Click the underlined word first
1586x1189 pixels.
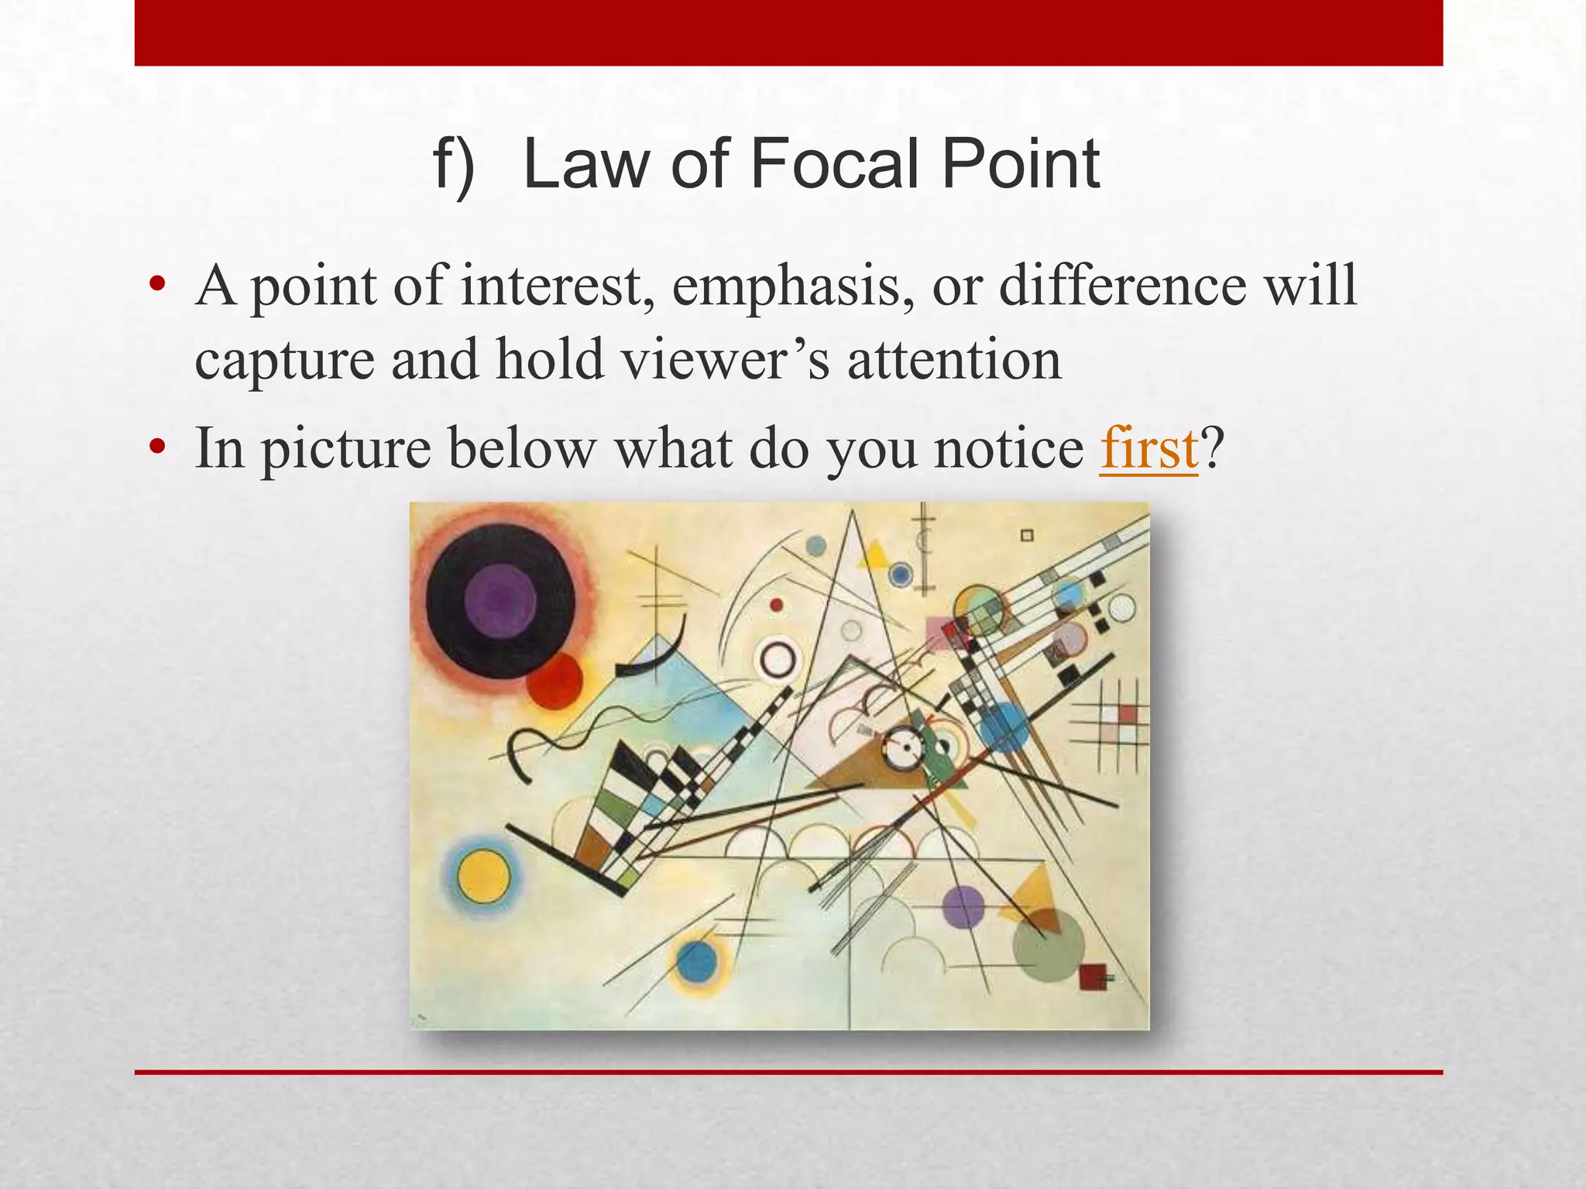(x=1148, y=448)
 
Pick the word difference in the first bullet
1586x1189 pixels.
(x=1122, y=285)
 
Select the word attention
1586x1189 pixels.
(x=954, y=360)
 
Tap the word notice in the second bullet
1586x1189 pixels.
(x=1009, y=448)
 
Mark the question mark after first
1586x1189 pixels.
(x=1212, y=448)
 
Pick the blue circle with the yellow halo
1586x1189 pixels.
(x=698, y=962)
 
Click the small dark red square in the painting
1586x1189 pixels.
(x=1092, y=977)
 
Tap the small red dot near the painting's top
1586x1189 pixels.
(x=777, y=605)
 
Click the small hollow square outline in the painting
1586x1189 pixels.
(x=1027, y=536)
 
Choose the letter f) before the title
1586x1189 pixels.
(x=454, y=166)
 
